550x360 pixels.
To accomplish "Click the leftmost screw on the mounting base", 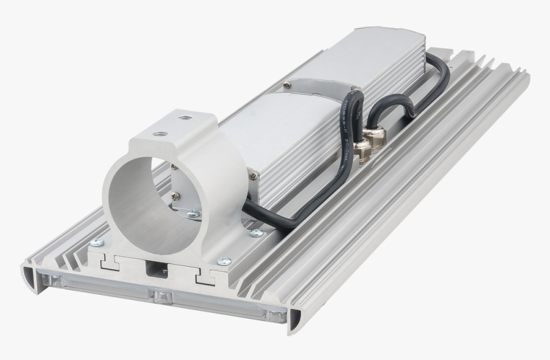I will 97,242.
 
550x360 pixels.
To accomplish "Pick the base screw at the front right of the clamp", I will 224,261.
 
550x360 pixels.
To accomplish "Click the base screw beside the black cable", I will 256,232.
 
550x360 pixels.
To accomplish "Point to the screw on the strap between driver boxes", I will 286,84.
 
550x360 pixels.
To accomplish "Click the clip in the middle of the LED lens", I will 162,296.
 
